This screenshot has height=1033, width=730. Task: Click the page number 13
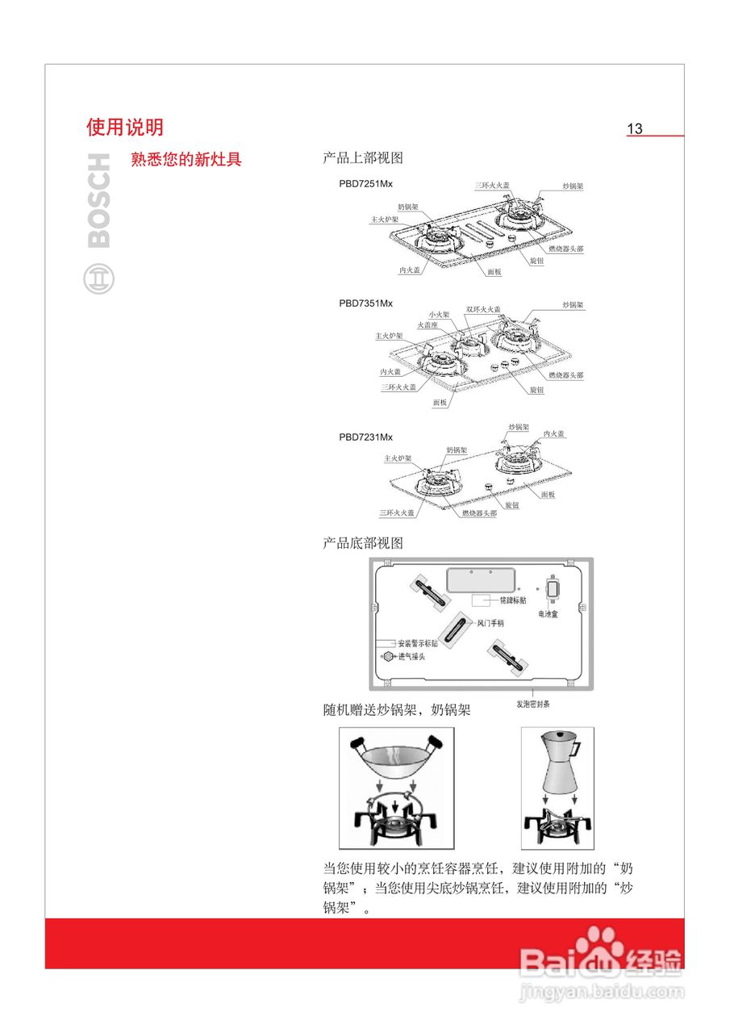click(635, 128)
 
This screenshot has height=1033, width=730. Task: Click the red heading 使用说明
click(125, 127)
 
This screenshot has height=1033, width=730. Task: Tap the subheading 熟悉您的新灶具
click(186, 159)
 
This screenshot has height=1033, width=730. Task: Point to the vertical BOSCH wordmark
click(98, 201)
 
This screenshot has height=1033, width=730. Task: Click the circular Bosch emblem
click(99, 278)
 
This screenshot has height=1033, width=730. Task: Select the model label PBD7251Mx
click(365, 184)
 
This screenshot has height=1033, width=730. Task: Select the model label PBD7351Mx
click(365, 303)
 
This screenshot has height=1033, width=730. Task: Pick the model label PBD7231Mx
click(365, 437)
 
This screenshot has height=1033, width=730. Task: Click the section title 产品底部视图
click(362, 543)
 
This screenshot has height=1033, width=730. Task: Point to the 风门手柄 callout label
click(485, 623)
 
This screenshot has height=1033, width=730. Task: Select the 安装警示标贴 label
click(418, 643)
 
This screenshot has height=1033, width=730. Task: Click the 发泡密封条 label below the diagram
click(533, 704)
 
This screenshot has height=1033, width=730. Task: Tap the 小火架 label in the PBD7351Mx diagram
click(439, 314)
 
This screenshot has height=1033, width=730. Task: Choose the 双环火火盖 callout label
click(483, 309)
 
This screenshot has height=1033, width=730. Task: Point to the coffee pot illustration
click(558, 763)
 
